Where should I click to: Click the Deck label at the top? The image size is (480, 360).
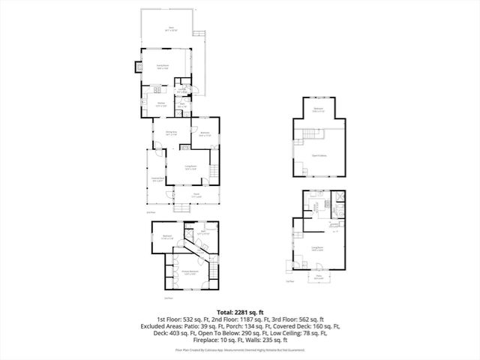pyautogui.click(x=172, y=28)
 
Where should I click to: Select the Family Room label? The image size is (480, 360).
pyautogui.click(x=162, y=67)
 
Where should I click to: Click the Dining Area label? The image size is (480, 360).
pyautogui.click(x=170, y=133)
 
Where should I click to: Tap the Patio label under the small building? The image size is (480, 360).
pyautogui.click(x=318, y=277)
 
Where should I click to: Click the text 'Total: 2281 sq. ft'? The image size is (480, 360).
pyautogui.click(x=239, y=312)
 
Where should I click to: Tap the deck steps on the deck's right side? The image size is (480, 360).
pyautogui.click(x=199, y=33)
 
